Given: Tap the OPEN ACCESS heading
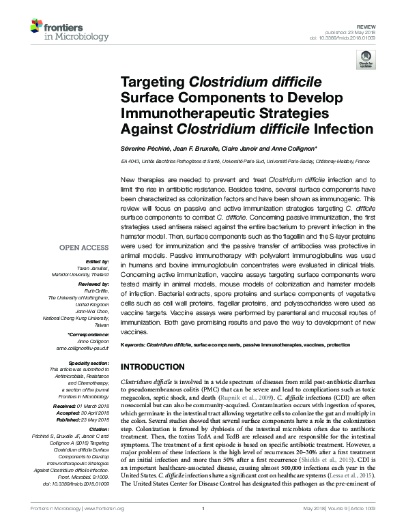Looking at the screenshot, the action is point(83,248).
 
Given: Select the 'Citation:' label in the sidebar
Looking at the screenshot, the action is point(99,427).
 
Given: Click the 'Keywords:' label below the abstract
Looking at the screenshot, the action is point(133,346).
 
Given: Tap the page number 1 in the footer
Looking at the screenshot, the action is point(203,526).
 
